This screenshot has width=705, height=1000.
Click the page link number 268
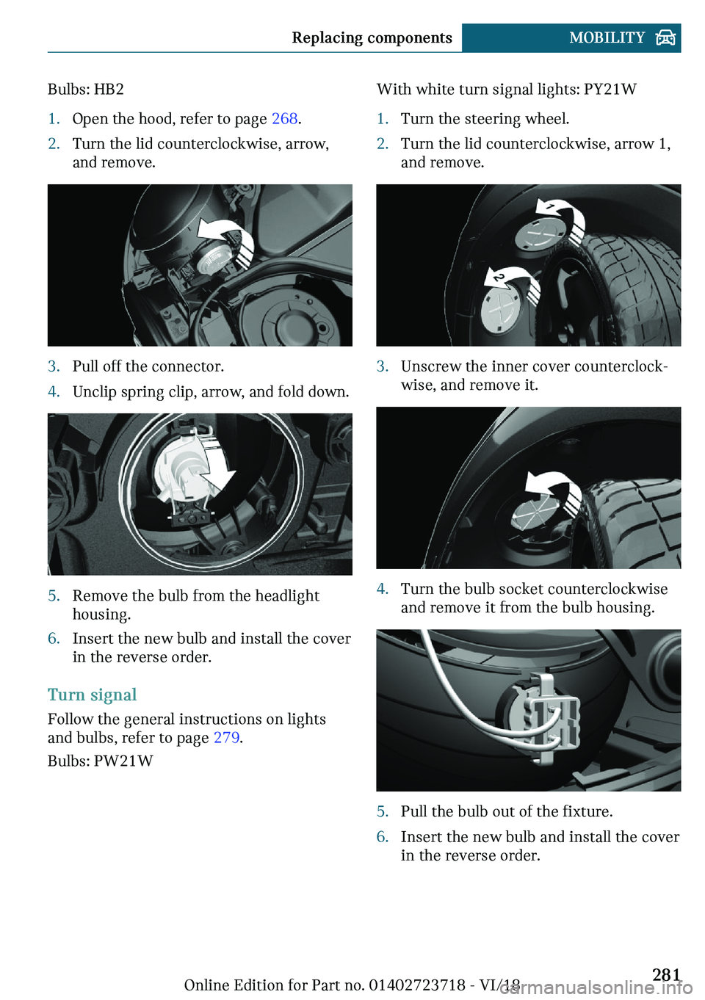tap(284, 119)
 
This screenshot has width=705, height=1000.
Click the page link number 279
tap(226, 738)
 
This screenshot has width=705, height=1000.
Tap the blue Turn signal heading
tap(92, 695)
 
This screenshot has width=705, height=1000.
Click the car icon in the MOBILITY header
tap(665, 38)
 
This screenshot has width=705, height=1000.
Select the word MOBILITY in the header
tap(607, 38)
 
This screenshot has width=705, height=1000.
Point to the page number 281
tap(666, 974)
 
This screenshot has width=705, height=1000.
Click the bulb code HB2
tap(109, 90)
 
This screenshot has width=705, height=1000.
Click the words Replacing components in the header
tap(372, 38)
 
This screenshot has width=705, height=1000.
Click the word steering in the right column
tap(491, 119)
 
